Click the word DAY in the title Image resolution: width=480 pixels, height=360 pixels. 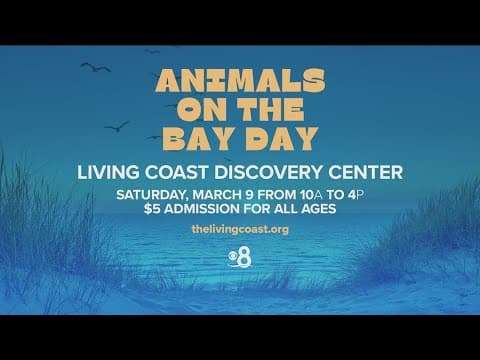coord(277,139)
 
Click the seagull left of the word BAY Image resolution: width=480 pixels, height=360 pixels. coord(117,126)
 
